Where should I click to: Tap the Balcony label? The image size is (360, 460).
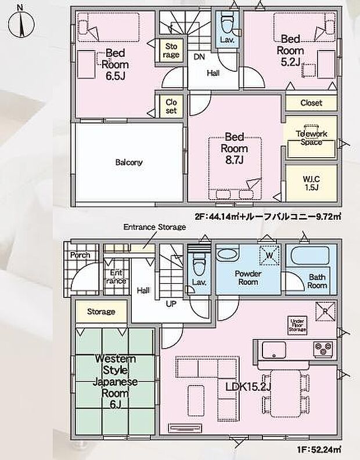[x=128, y=162]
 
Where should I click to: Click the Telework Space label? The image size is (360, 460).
[x=311, y=137]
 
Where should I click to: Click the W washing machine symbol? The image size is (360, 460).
[x=269, y=254]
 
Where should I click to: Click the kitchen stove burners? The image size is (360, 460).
[x=323, y=349]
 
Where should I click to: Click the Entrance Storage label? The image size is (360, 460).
[x=154, y=227]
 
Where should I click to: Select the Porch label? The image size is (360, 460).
[x=80, y=255]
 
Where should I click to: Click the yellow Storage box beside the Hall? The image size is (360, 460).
[x=101, y=312]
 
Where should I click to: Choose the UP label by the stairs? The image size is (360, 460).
[x=172, y=303]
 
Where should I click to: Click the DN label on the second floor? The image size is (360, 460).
[x=199, y=56]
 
